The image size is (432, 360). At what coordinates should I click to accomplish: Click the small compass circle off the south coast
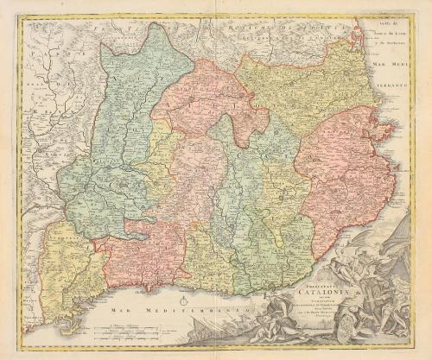click(x=185, y=300)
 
